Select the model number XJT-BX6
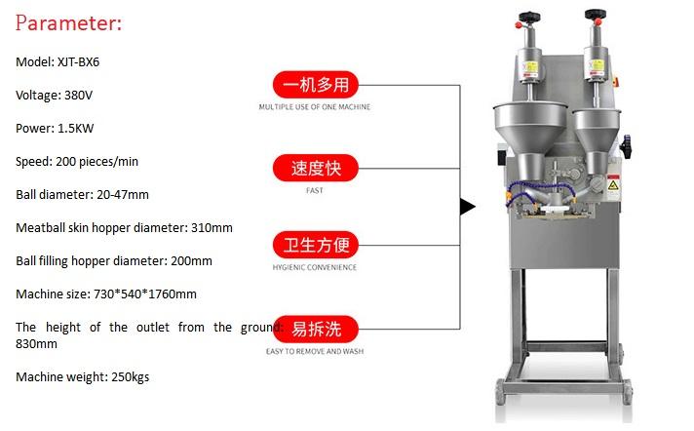click(x=77, y=61)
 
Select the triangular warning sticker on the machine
click(x=613, y=184)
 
